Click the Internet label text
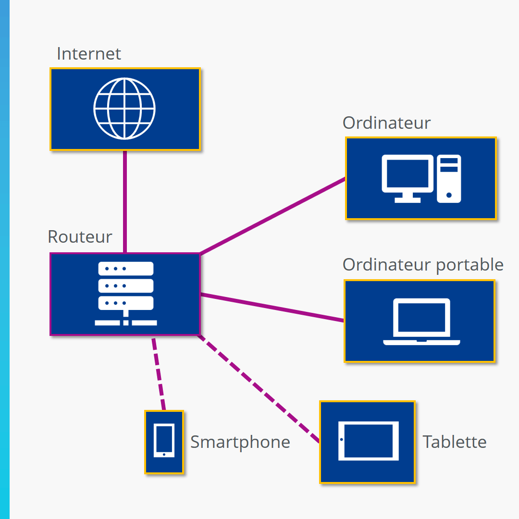pyautogui.click(x=89, y=53)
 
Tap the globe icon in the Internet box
pyautogui.click(x=124, y=109)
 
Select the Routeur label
pyautogui.click(x=80, y=237)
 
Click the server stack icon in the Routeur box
pyautogui.click(x=126, y=293)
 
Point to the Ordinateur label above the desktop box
pyautogui.click(x=386, y=123)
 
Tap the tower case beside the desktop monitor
pyautogui.click(x=449, y=178)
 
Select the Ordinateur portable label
pyautogui.click(x=423, y=265)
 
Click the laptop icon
pyautogui.click(x=421, y=321)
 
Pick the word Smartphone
pyautogui.click(x=240, y=442)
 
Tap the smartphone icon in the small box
pyautogui.click(x=164, y=441)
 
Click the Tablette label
pyautogui.click(x=455, y=442)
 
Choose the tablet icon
pyautogui.click(x=369, y=441)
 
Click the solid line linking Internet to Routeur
pyautogui.click(x=125, y=202)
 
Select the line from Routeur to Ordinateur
pyautogui.click(x=272, y=216)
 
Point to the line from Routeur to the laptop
pyautogui.click(x=272, y=307)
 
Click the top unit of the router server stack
pyautogui.click(x=126, y=269)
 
